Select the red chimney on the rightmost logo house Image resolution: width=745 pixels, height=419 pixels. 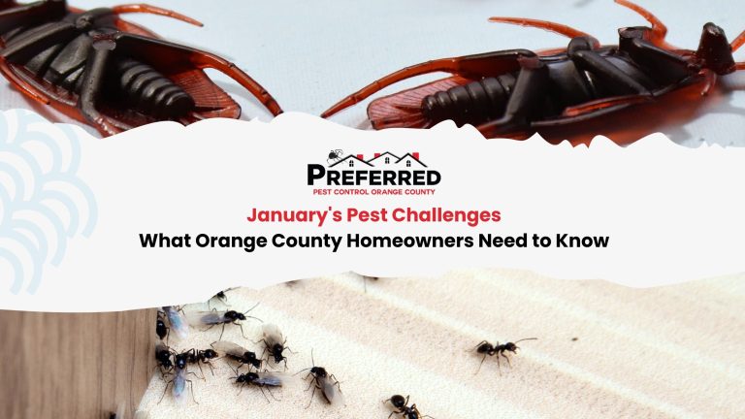click(414, 155)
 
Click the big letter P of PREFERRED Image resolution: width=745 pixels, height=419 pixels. click(316, 177)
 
